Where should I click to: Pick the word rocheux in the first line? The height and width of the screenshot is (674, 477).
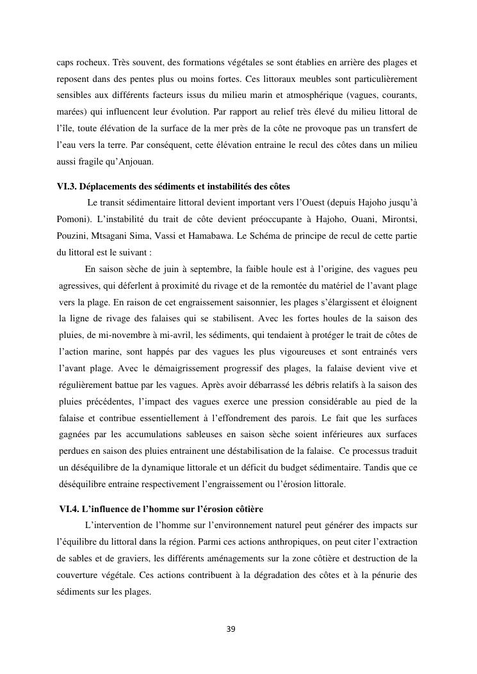(91, 63)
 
